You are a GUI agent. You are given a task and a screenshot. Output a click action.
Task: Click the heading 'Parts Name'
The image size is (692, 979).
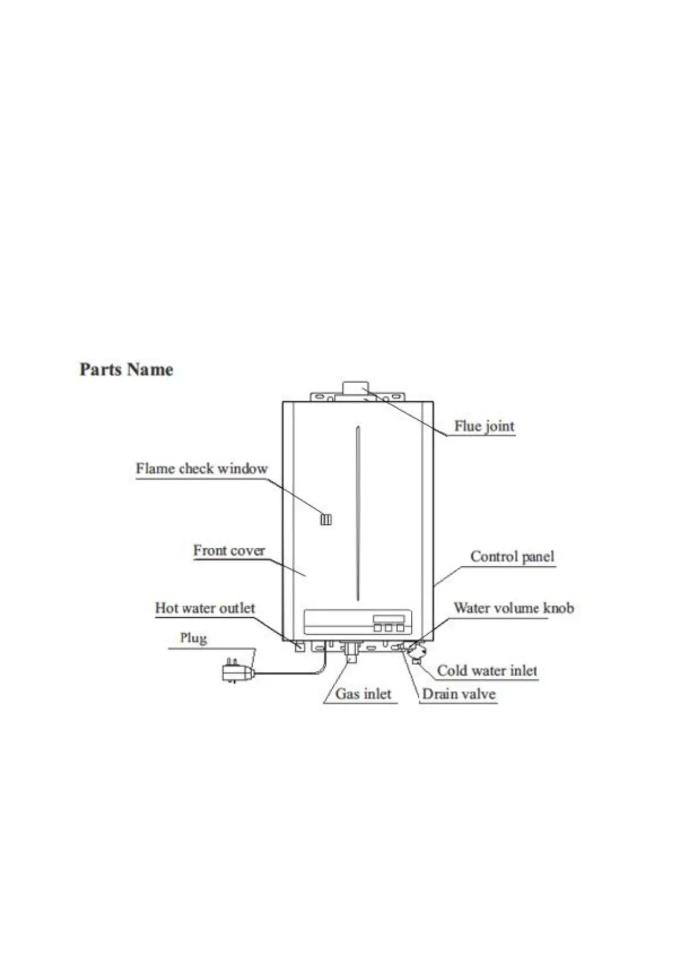coord(126,370)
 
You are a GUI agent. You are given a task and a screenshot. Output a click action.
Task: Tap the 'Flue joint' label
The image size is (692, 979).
coord(484,426)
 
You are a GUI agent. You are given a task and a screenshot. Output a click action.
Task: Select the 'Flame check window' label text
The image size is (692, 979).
coord(202,469)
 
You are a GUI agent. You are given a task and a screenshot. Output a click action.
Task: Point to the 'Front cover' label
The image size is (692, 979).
coord(229,551)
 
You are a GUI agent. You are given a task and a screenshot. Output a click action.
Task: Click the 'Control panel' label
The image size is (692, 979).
coord(512,557)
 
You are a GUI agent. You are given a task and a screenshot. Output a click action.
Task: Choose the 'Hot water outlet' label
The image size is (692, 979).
coord(205,608)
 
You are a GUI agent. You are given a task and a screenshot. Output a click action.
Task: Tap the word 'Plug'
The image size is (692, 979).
coord(193,638)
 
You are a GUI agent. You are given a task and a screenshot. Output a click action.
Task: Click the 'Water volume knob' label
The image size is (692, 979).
coord(514,608)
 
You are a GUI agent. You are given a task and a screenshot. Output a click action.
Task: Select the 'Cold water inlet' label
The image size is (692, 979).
coord(487,671)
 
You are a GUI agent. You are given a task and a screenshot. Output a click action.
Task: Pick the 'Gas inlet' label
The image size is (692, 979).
coord(363,694)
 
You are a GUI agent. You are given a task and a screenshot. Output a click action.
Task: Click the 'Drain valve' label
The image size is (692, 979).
coord(458,694)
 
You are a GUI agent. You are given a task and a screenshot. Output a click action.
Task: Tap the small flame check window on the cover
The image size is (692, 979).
coord(326,519)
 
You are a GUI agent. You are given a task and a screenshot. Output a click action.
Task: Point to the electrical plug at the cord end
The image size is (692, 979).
coord(237,673)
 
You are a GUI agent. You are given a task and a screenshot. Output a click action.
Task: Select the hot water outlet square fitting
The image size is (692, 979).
coord(300,646)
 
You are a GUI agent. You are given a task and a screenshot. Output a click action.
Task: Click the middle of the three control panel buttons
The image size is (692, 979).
coord(388,628)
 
